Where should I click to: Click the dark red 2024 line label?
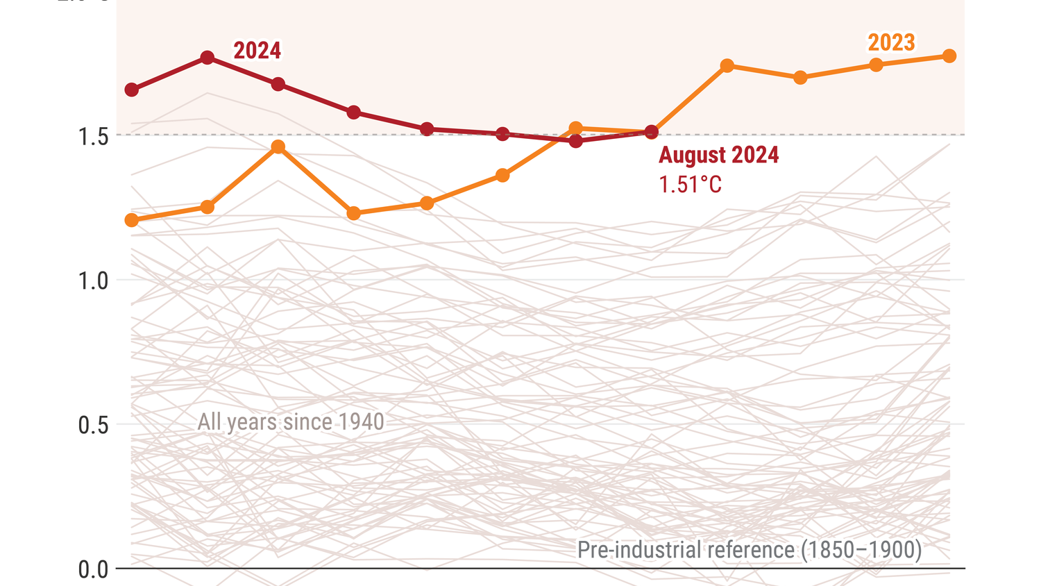coord(257,51)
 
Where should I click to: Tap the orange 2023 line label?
coord(891,42)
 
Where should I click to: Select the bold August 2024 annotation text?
coord(718,155)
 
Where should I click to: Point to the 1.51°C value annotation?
coord(690,185)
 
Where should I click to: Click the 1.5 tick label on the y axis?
coord(93,137)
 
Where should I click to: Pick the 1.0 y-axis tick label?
coord(93,281)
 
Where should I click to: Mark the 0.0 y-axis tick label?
coord(93,570)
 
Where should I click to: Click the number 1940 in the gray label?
coord(362,422)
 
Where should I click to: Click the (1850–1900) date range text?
coord(861,550)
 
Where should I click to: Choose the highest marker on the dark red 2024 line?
coord(207,58)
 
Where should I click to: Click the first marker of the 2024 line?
coord(131,90)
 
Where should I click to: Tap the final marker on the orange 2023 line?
coord(949,56)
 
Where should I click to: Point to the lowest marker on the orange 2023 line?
coord(131,220)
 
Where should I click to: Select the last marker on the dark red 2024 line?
coord(651,132)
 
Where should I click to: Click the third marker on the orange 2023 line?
coord(278,146)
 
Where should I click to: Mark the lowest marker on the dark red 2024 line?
coord(575,141)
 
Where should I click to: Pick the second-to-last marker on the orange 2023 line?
coord(876,65)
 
